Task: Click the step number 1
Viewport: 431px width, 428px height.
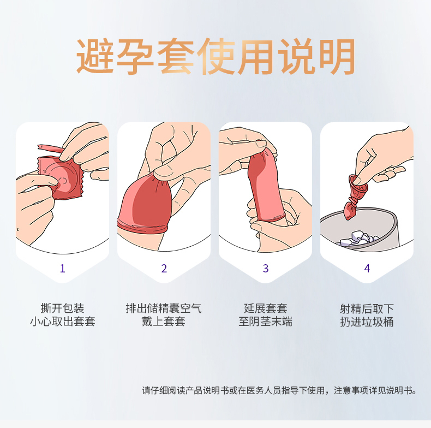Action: [x=62, y=268]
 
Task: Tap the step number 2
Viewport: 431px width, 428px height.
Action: [x=164, y=268]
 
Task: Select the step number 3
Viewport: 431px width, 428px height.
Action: [x=266, y=268]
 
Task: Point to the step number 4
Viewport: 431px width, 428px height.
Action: [x=367, y=268]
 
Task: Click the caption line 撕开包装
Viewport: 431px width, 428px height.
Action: [x=62, y=308]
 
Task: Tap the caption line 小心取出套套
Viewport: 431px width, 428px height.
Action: [x=62, y=322]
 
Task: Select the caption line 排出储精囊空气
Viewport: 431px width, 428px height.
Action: [x=164, y=308]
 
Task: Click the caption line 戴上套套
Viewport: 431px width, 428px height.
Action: [x=164, y=322]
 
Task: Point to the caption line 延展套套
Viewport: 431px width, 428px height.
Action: [x=266, y=308]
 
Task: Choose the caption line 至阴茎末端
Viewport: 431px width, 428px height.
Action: [x=266, y=322]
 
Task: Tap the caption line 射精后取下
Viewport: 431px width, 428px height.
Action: [x=367, y=308]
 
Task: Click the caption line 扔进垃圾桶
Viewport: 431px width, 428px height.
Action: [x=367, y=322]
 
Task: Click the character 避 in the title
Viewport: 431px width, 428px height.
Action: [x=95, y=56]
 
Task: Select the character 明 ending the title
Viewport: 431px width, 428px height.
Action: [x=336, y=56]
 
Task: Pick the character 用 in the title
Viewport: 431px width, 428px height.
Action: [x=255, y=56]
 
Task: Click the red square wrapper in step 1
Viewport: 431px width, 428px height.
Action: [x=61, y=177]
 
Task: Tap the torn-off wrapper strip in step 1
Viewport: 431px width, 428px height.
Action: [x=51, y=148]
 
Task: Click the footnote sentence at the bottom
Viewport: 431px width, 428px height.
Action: [x=279, y=390]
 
